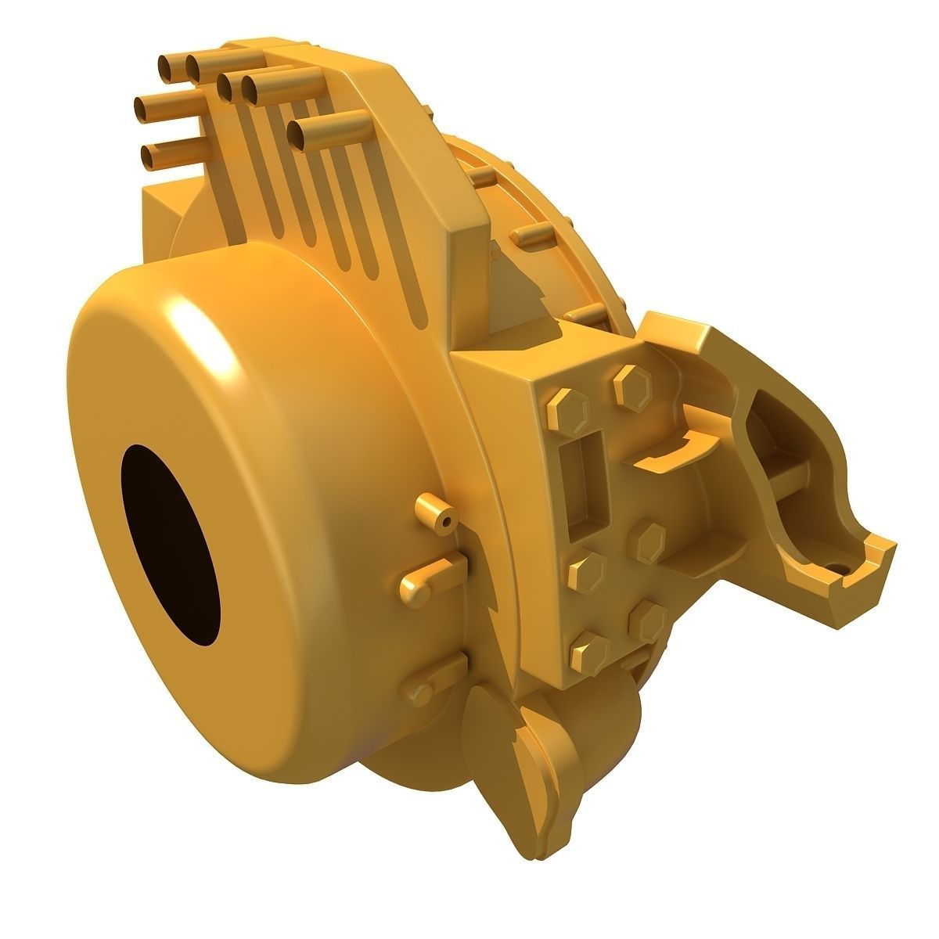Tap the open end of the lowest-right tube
tap(298, 135)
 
